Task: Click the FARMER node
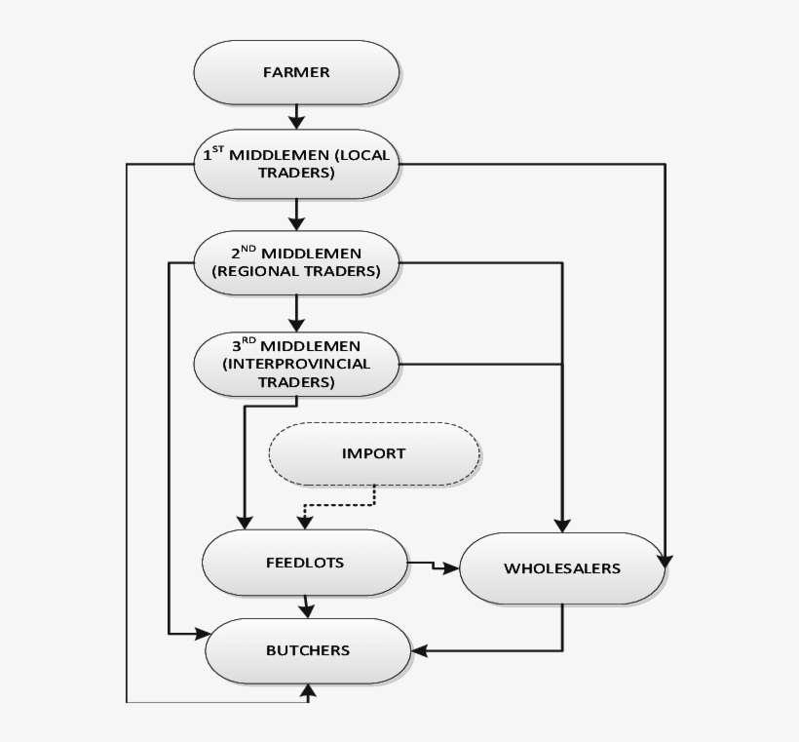(296, 71)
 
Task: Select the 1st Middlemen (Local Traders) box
(296, 163)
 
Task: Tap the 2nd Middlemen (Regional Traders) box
(296, 262)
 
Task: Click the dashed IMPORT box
(373, 453)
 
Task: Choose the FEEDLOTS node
(304, 563)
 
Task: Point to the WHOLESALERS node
(561, 567)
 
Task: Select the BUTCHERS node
(307, 649)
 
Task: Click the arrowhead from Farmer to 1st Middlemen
(296, 121)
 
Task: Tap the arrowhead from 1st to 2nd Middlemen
(296, 222)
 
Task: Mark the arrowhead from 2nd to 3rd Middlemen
(296, 323)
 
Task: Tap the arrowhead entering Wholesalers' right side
(665, 560)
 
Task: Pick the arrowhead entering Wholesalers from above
(561, 525)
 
